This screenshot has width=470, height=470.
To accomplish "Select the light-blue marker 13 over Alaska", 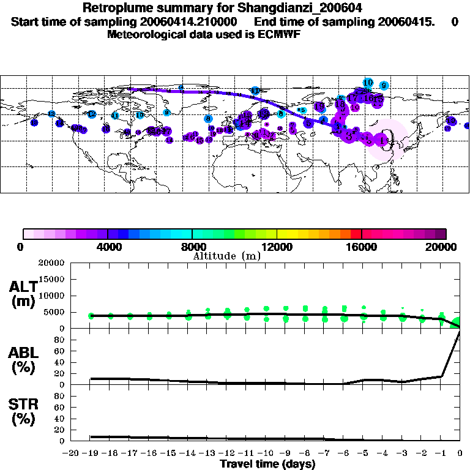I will pyautogui.click(x=51, y=114).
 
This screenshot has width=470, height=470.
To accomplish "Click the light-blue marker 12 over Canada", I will pyautogui.click(x=92, y=114).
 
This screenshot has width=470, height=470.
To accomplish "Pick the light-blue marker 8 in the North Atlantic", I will pyautogui.click(x=208, y=119).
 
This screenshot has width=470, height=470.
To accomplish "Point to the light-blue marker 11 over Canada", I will pyautogui.click(x=115, y=116).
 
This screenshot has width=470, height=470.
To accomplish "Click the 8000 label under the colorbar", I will pyautogui.click(x=192, y=247).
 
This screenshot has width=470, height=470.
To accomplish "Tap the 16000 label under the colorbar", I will pyautogui.click(x=362, y=247).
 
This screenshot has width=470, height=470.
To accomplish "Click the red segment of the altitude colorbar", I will pyautogui.click(x=356, y=234).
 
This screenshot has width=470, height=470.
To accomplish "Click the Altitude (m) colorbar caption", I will pyautogui.click(x=226, y=256).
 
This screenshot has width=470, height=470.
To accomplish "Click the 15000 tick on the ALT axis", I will pyautogui.click(x=54, y=279).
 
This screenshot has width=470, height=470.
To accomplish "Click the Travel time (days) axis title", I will pyautogui.click(x=267, y=464).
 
